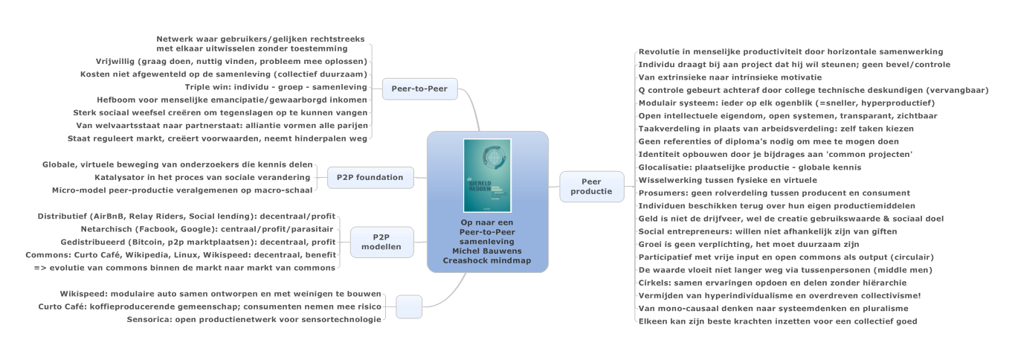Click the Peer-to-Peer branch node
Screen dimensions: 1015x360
click(x=419, y=89)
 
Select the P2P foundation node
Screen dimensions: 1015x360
click(x=370, y=177)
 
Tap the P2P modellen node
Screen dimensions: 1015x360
click(x=381, y=242)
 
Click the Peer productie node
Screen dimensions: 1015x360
click(x=591, y=187)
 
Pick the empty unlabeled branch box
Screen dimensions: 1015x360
click(x=409, y=307)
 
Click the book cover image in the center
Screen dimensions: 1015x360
click(x=487, y=176)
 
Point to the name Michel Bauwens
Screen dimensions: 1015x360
click(x=487, y=251)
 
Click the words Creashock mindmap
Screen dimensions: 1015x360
click(x=487, y=261)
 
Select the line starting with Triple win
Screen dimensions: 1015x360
click(x=276, y=87)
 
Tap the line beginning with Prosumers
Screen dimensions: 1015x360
click(x=774, y=193)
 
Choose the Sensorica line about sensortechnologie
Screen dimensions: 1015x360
click(x=254, y=320)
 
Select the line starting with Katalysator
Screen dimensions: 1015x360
click(x=202, y=177)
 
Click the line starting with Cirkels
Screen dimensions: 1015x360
click(x=773, y=283)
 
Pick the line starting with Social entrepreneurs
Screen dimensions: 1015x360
click(x=767, y=231)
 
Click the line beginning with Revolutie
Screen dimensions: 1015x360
click(x=790, y=52)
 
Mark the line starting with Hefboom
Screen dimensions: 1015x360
click(x=231, y=100)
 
